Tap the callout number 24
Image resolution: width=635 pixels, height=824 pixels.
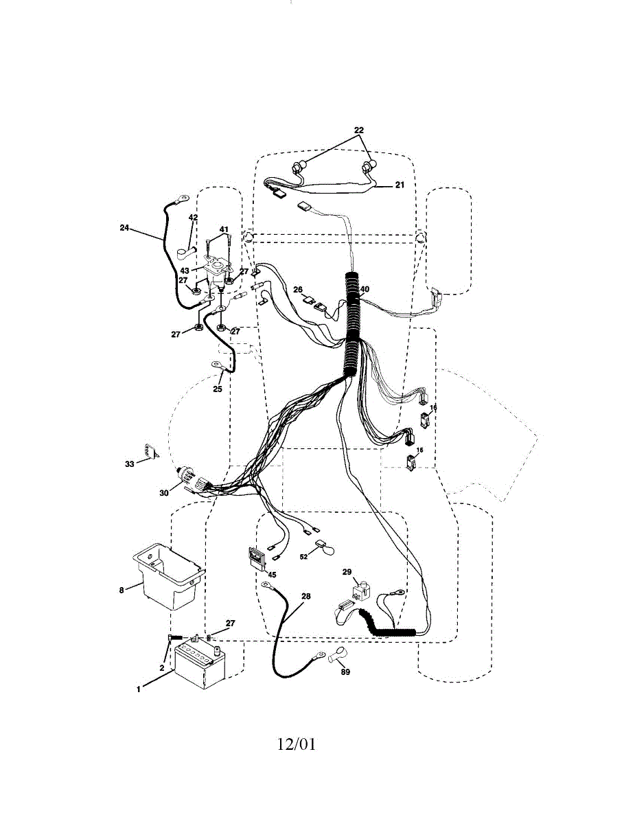tap(124, 229)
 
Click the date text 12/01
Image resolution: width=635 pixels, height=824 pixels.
tap(297, 744)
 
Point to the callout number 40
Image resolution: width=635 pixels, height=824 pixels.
tap(365, 289)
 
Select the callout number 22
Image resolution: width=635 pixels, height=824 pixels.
tap(358, 130)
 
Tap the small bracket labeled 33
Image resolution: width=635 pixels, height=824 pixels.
tap(150, 452)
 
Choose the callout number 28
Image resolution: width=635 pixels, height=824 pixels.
tap(305, 597)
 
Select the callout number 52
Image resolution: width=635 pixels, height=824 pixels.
tap(303, 557)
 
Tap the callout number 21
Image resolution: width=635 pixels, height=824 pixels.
tap(400, 185)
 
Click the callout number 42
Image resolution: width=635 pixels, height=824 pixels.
tap(193, 218)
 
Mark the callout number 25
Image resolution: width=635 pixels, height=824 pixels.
tap(217, 389)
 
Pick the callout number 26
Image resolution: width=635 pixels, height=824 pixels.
tap(297, 289)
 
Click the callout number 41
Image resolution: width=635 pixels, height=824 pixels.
tap(224, 229)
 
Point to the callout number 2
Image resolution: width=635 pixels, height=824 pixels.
tap(162, 667)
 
